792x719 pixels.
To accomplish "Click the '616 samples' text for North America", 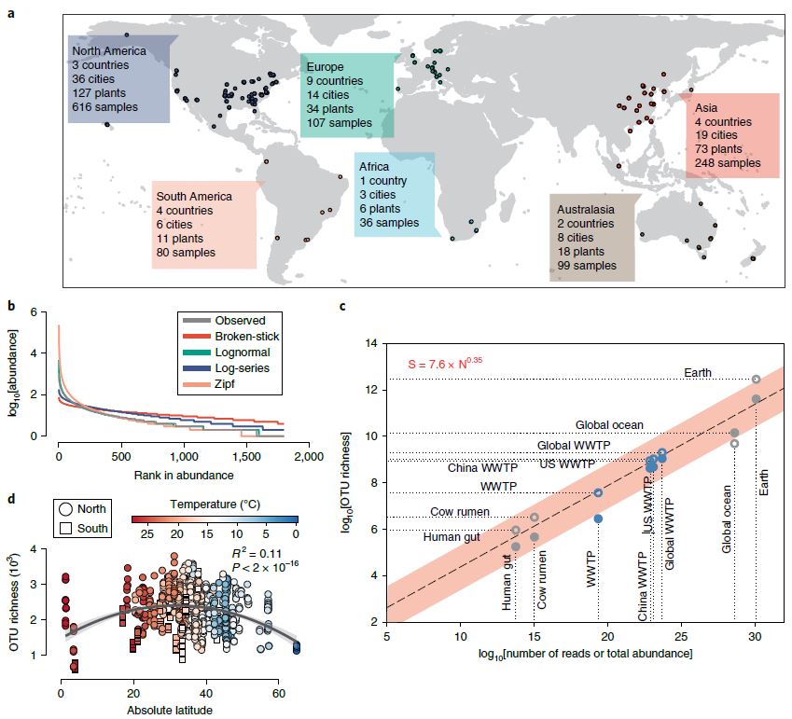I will tap(104, 107).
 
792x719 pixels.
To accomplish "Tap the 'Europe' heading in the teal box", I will tap(325, 67).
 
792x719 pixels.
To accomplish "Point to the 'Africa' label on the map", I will tap(374, 167).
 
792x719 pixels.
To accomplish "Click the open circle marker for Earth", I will tap(757, 380).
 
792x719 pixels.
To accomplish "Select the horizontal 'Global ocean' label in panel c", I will tap(609, 425).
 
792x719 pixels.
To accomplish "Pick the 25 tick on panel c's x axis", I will tap(682, 637).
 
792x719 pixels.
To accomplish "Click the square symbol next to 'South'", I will tap(69, 528).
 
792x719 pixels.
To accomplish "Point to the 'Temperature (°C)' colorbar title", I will tap(215, 502).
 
